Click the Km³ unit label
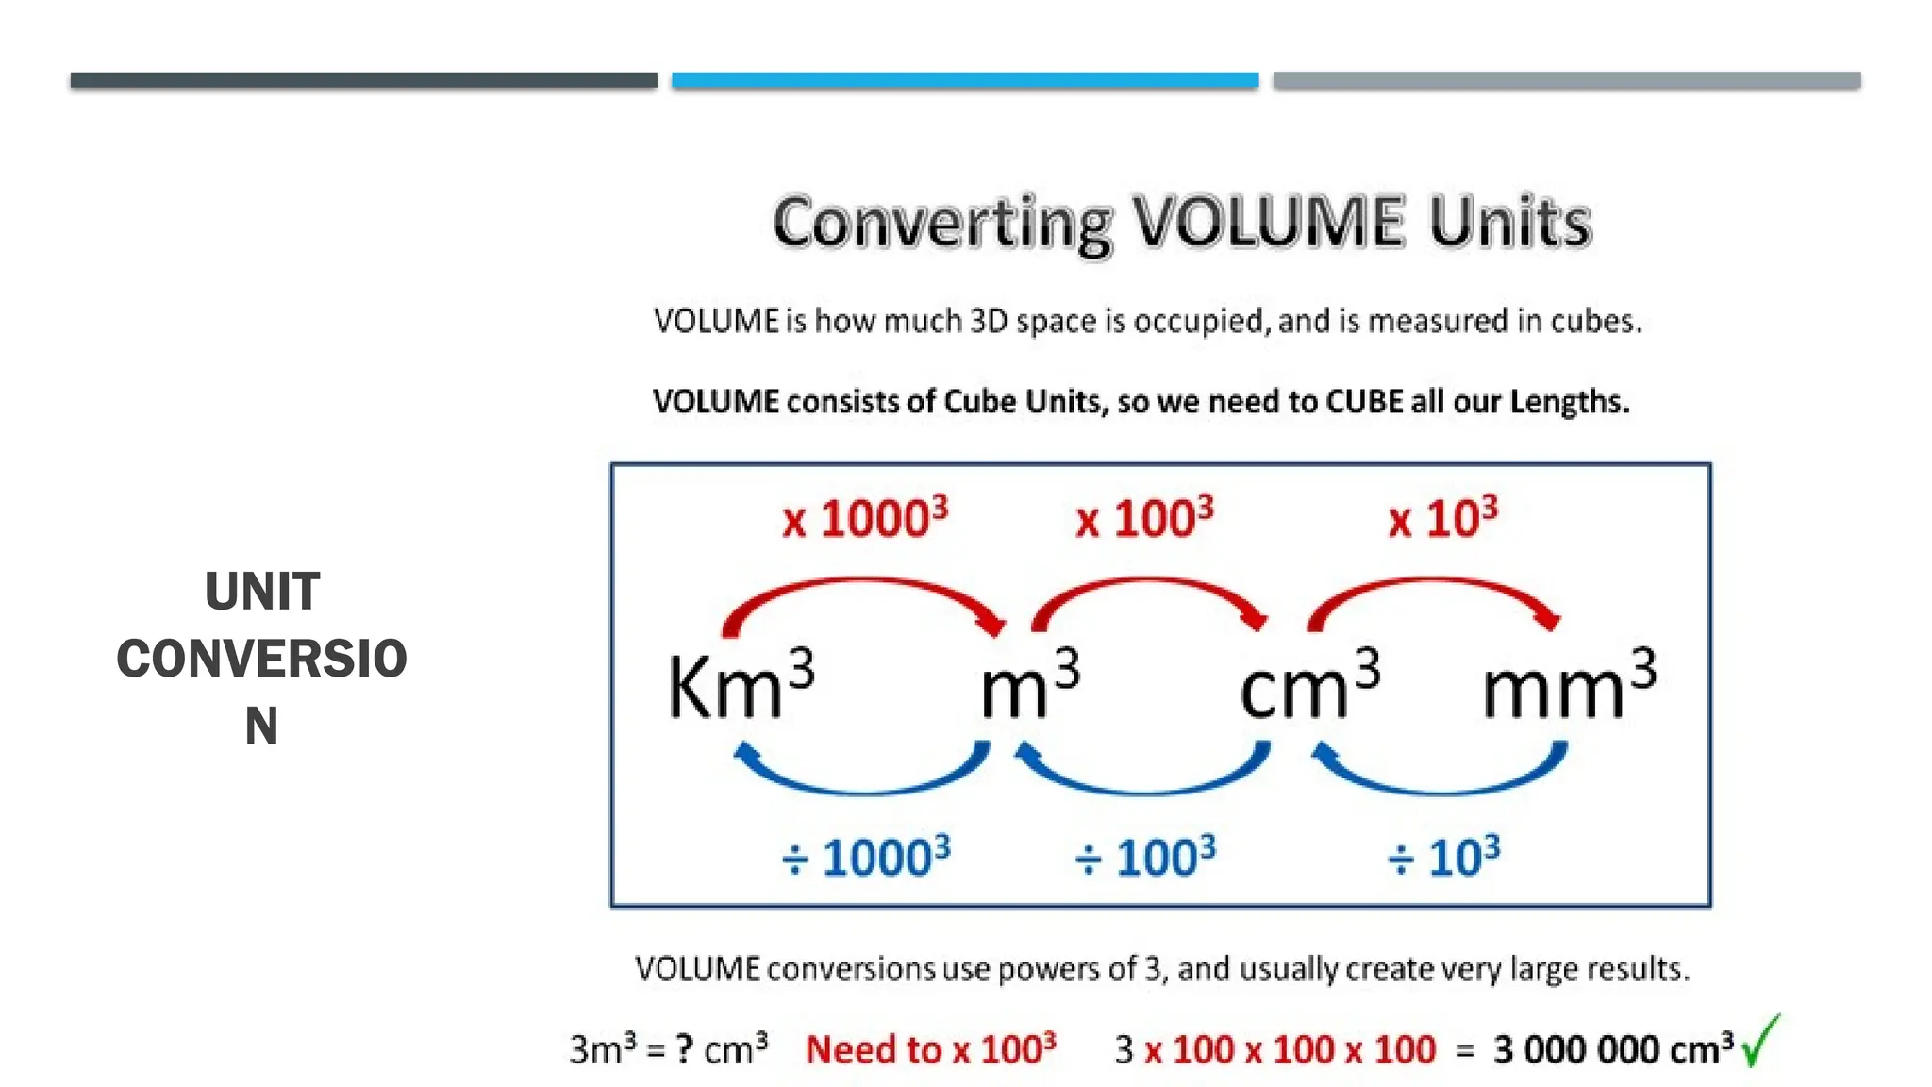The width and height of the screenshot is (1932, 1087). coord(741,685)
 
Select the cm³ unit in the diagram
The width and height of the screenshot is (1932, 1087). coord(1309,685)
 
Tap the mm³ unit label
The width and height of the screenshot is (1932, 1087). coord(1569,685)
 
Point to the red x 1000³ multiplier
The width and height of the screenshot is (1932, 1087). coord(865,518)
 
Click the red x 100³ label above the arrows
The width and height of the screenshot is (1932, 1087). coord(1144,518)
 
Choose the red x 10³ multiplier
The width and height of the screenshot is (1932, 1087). coord(1442,518)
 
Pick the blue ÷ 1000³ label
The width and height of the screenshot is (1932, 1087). coord(866,857)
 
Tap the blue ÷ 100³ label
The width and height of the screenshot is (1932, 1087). coord(1145,857)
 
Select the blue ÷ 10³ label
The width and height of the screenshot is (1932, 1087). coord(1443,857)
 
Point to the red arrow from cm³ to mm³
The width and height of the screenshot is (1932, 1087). coord(1434,585)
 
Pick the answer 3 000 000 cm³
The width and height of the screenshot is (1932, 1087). coord(1613,1049)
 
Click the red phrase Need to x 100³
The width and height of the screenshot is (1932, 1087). coord(930,1049)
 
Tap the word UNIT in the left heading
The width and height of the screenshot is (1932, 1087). coord(262,592)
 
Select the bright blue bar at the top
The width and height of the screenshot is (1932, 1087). coord(965,80)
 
